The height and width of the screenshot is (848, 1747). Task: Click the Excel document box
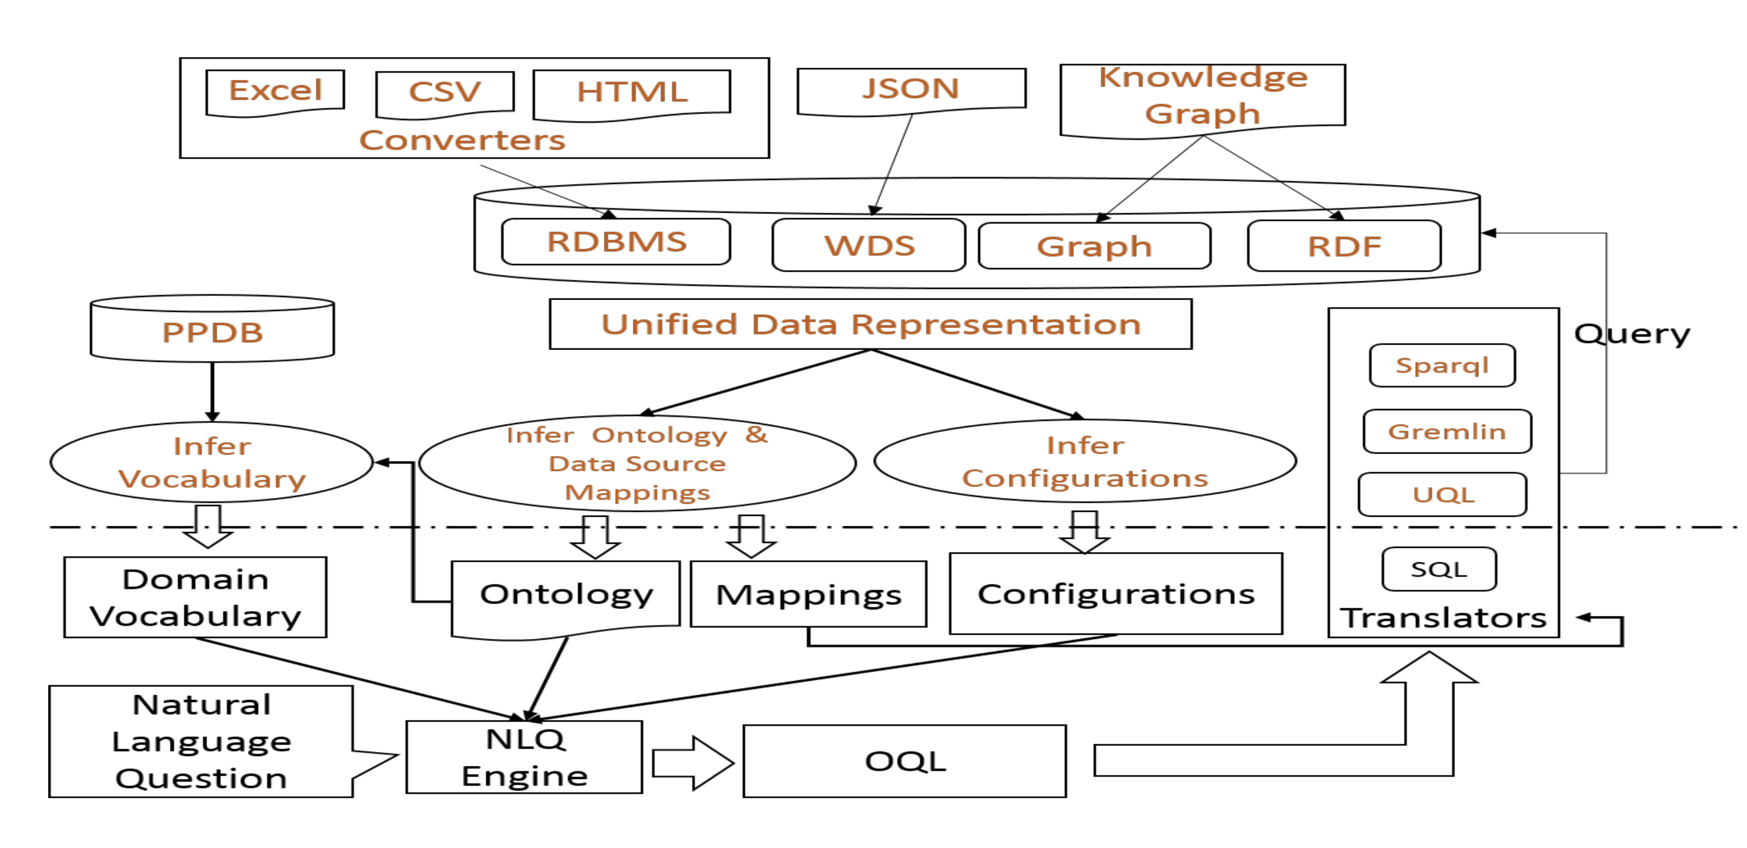(x=275, y=93)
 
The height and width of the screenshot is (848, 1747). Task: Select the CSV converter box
(x=445, y=94)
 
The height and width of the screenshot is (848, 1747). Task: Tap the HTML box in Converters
(x=632, y=95)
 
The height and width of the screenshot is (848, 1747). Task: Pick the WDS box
(x=869, y=245)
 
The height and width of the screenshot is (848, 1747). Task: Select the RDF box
(x=1344, y=246)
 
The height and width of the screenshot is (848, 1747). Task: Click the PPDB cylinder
(x=212, y=328)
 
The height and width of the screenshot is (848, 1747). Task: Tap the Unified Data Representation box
(x=871, y=324)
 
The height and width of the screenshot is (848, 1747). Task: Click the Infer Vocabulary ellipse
(x=212, y=462)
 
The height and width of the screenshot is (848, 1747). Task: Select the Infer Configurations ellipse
(x=1085, y=461)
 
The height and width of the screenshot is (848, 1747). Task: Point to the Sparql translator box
(x=1442, y=366)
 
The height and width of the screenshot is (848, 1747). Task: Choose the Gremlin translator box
(x=1447, y=431)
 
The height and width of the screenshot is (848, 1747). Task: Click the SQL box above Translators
(x=1439, y=569)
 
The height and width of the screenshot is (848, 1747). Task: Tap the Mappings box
(x=809, y=594)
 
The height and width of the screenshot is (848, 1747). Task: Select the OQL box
(x=905, y=761)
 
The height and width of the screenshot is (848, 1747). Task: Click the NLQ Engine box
(x=524, y=757)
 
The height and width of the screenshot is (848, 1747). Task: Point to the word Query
(x=1632, y=334)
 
